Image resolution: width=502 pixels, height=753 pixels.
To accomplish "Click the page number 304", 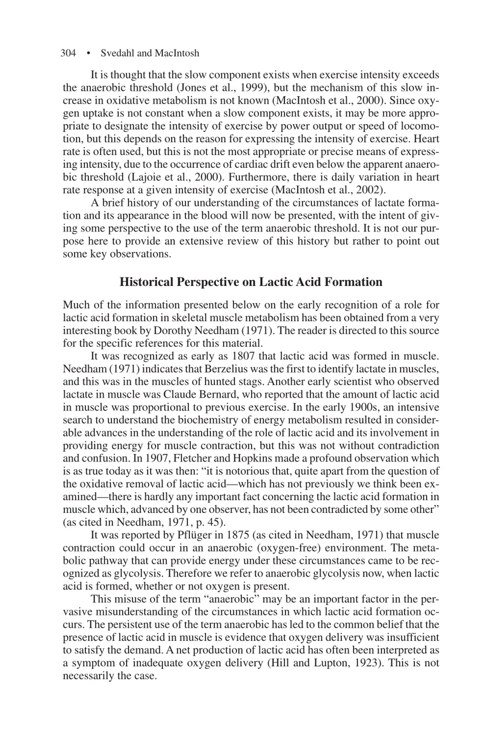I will pos(68,53).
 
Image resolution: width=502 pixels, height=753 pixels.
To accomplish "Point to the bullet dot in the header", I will pos(89,53).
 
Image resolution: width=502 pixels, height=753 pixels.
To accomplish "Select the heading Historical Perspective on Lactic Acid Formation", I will pos(251,282).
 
